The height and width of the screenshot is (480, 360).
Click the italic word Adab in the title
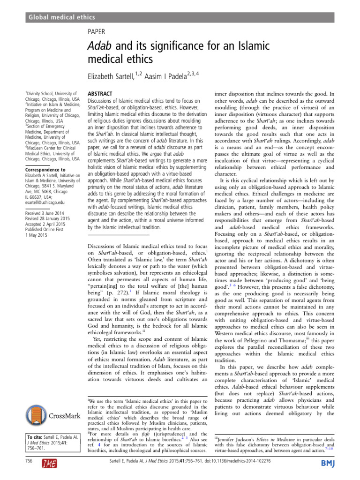coord(102,47)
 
